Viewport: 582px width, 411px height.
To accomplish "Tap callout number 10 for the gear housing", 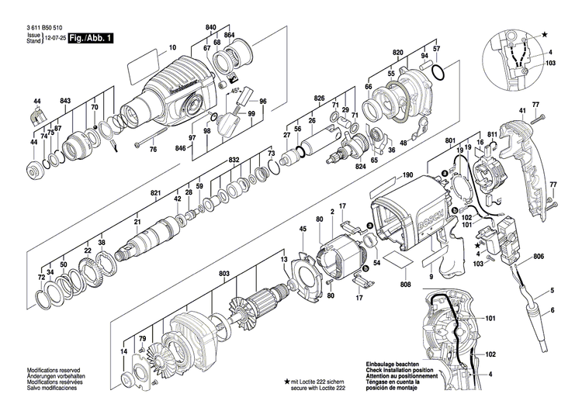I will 173,48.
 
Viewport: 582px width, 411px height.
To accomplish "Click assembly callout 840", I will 210,27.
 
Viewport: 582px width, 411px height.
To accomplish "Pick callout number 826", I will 319,98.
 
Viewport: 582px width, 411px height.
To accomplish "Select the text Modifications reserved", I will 52,371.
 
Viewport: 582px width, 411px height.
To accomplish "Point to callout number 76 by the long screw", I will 153,149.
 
